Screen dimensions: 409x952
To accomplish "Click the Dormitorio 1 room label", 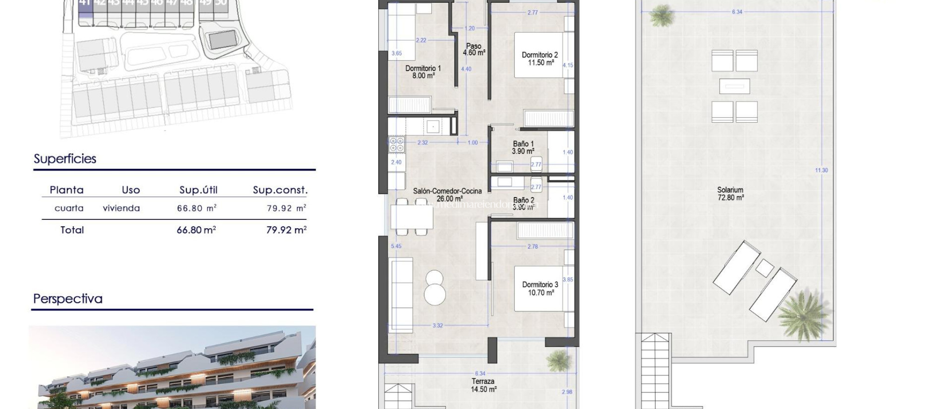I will point(423,72).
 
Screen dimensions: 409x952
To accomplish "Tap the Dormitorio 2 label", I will point(539,59).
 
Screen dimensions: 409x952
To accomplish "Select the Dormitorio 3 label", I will point(540,288).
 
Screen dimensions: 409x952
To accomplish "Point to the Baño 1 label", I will point(523,148).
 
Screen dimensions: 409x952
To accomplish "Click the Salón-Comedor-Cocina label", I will point(447,194).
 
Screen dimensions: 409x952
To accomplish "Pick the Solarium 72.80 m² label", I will point(730,193).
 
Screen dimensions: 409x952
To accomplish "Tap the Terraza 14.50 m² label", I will point(483,385).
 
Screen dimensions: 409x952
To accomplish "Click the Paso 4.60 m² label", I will point(474,49).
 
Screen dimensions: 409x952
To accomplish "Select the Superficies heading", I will point(65,159).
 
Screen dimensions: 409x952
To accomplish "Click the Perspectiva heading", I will point(68,298).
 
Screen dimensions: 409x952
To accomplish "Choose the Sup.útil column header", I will point(198,190).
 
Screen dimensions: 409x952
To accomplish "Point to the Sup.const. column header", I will point(280,190).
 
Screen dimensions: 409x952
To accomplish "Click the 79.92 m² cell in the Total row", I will point(286,230).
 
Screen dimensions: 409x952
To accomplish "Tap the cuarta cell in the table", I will point(69,208).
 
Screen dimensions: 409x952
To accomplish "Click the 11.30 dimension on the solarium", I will point(821,170).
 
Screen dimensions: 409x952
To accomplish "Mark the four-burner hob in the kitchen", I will point(397,145).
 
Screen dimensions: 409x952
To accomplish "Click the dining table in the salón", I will point(412,217).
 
